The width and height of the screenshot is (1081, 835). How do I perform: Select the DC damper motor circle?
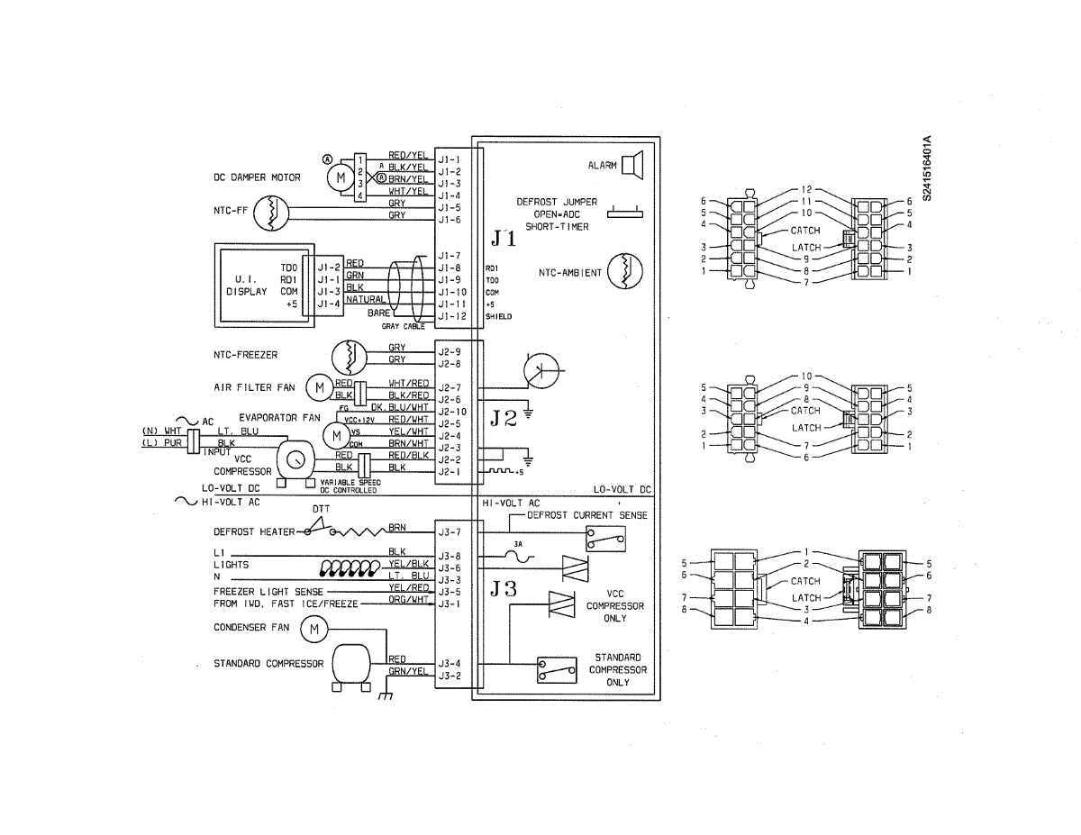[340, 177]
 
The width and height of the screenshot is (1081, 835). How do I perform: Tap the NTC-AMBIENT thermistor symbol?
[622, 271]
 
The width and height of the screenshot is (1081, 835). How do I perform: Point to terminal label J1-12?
[450, 316]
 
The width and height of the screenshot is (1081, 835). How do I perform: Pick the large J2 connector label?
[504, 418]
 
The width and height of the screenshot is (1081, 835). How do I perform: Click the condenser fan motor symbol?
[313, 629]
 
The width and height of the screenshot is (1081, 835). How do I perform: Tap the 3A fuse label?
[518, 545]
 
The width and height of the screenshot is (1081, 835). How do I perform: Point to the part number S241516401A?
[927, 168]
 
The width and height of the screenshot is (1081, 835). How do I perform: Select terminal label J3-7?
[450, 532]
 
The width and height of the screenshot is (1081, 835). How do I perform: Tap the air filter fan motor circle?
[318, 387]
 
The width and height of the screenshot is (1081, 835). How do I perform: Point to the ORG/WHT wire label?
[408, 599]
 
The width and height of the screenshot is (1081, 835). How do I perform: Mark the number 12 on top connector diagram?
[806, 190]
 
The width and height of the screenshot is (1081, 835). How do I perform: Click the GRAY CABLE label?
[404, 326]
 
